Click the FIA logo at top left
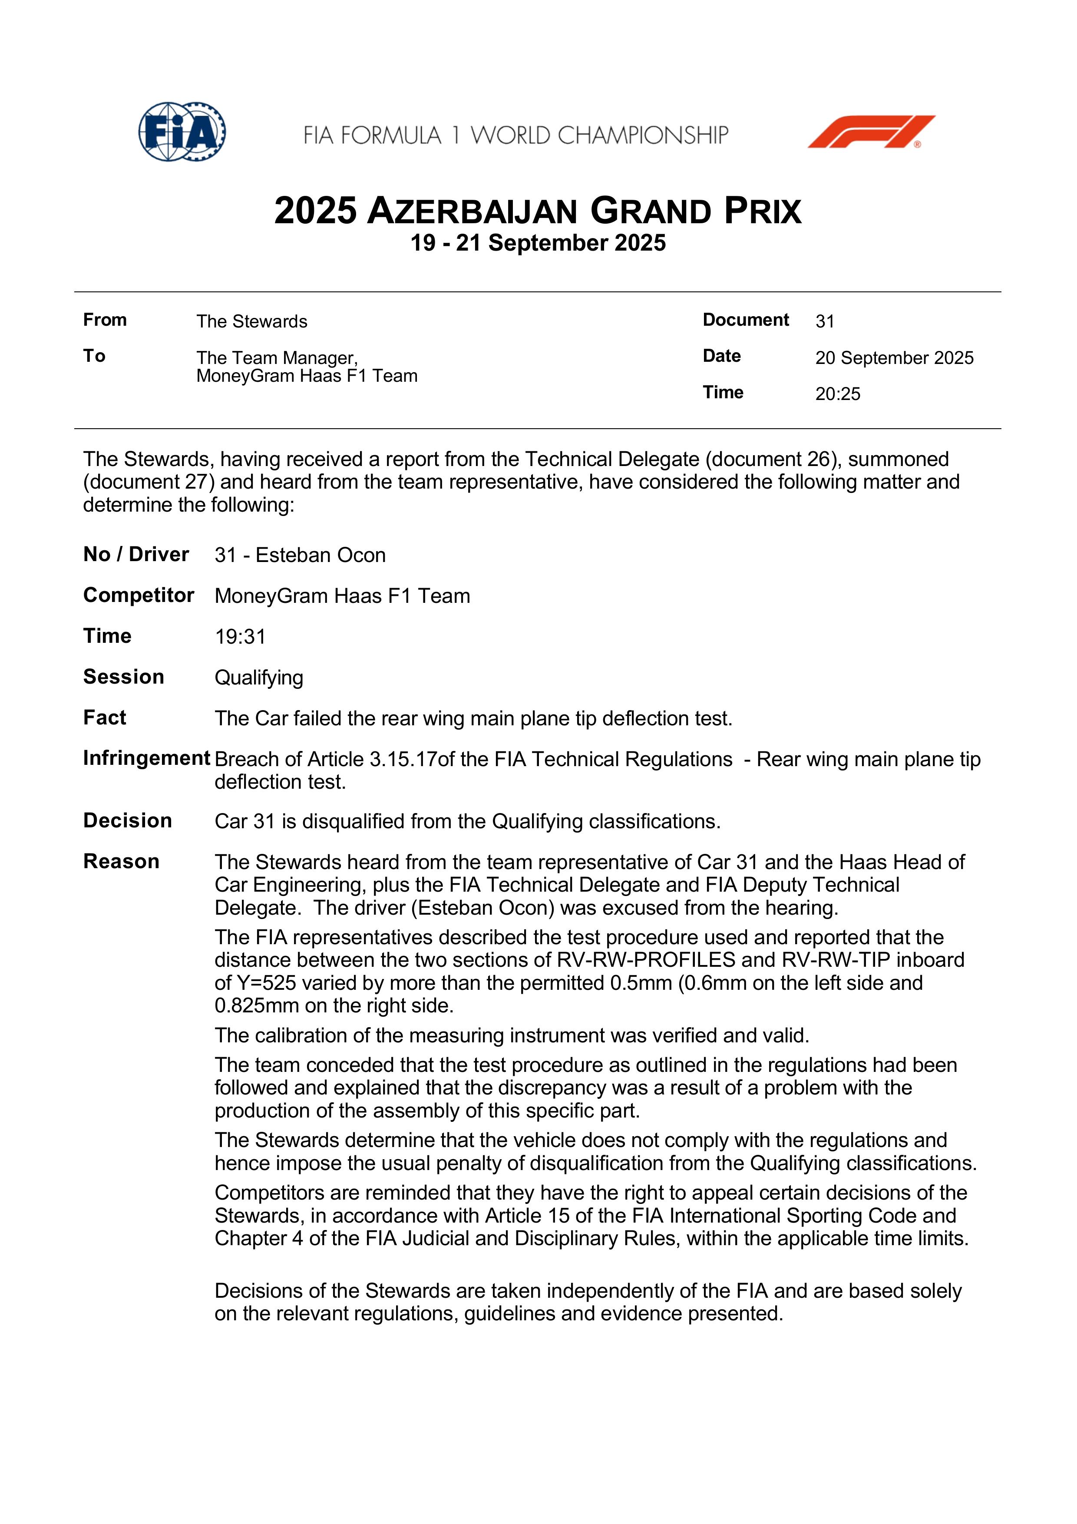pos(182,132)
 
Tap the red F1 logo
pos(871,132)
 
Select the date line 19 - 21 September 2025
pos(538,243)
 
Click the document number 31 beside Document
pos(824,321)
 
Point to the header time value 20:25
pos(837,394)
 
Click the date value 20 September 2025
pos(894,358)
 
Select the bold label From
pos(105,320)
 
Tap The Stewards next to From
pos(251,321)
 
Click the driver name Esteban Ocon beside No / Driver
pos(320,555)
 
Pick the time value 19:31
pos(240,637)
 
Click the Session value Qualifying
pos(259,678)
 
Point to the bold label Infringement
pos(146,758)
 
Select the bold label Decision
pos(127,821)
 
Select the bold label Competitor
pos(138,595)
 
